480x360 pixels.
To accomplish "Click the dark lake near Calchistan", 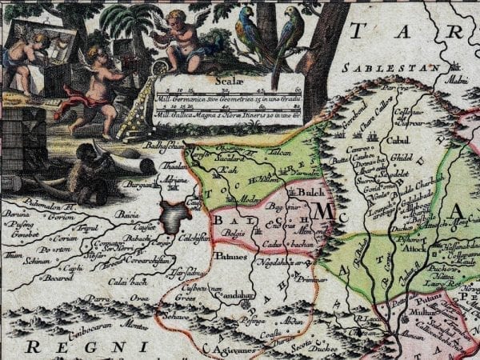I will tap(173, 215).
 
